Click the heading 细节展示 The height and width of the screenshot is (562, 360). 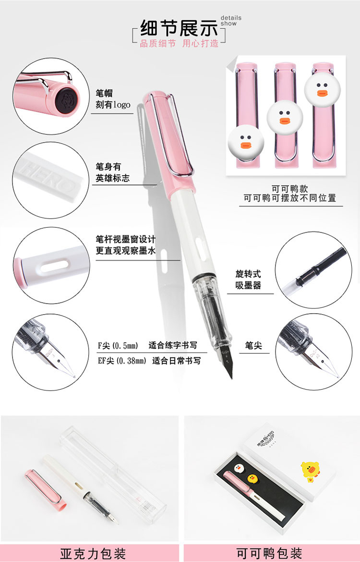179,28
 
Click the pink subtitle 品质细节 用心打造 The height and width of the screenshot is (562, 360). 179,44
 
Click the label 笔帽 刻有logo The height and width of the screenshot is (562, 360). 113,99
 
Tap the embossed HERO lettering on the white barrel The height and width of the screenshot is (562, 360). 48,176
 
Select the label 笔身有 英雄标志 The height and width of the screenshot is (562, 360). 112,172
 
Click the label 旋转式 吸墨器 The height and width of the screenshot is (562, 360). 248,280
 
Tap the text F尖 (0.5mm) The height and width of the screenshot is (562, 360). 118,345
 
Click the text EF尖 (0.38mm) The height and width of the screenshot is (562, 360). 122,361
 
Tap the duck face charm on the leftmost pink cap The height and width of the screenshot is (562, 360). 246,142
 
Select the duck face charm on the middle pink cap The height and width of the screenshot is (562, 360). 285,118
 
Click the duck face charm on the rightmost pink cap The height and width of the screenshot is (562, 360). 322,90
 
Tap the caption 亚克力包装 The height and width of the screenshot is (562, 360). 93,553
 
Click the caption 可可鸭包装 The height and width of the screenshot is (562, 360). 270,553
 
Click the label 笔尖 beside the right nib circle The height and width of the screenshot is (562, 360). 253,345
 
